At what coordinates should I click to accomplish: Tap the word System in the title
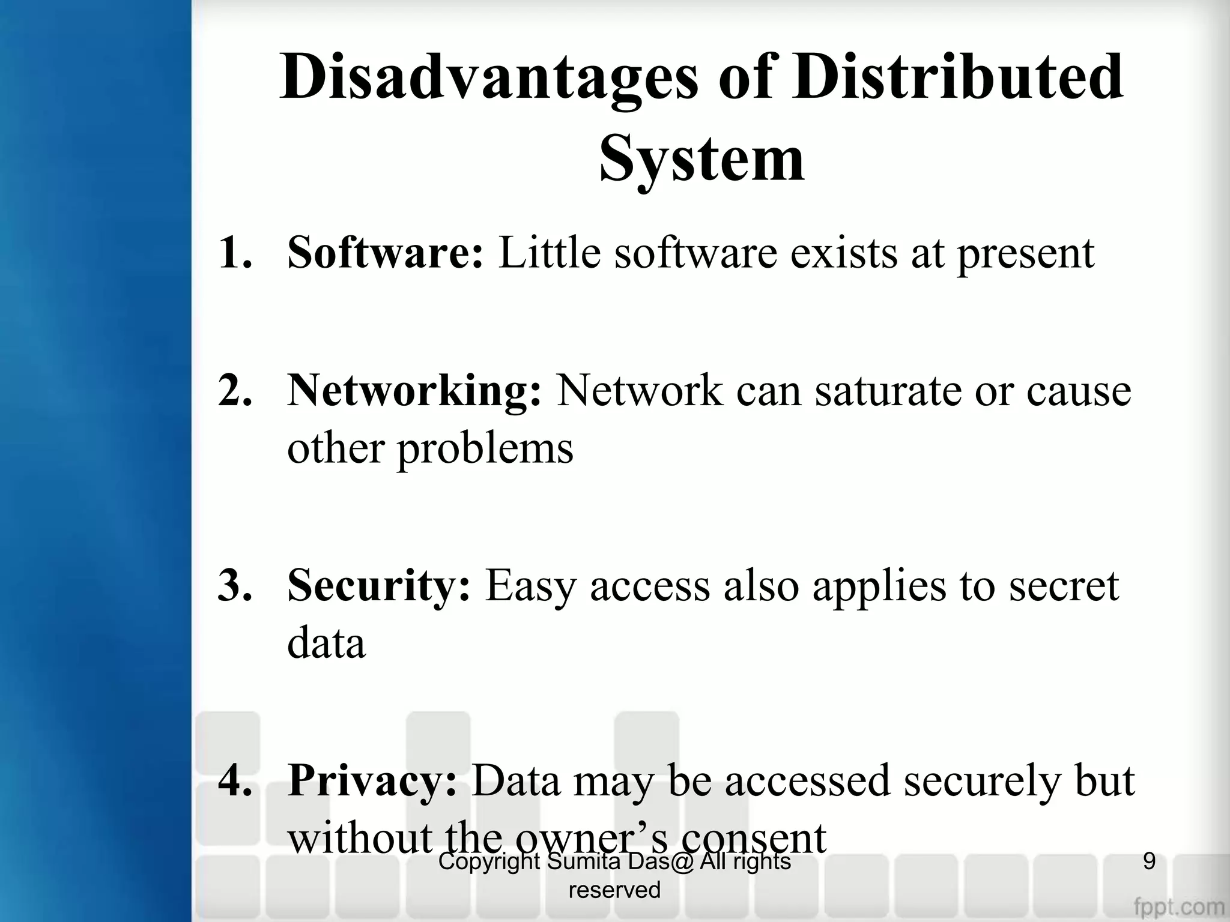tap(701, 160)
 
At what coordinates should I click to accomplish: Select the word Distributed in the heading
tap(957, 77)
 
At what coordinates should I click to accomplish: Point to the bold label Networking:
tap(414, 391)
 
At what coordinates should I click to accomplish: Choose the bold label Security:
tap(379, 585)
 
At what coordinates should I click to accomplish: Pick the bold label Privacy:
tap(373, 781)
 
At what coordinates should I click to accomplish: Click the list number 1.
tap(235, 253)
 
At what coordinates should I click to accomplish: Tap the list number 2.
tap(235, 391)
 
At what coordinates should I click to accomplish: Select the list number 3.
tap(235, 585)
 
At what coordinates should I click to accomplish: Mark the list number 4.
tap(235, 781)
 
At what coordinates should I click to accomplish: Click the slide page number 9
tap(1149, 861)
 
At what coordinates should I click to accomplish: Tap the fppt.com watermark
tap(1179, 905)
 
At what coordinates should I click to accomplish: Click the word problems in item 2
tap(485, 449)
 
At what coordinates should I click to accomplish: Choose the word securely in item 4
tap(982, 781)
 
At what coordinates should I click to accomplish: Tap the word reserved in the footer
tap(614, 890)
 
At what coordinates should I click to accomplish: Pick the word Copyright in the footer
tap(489, 862)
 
